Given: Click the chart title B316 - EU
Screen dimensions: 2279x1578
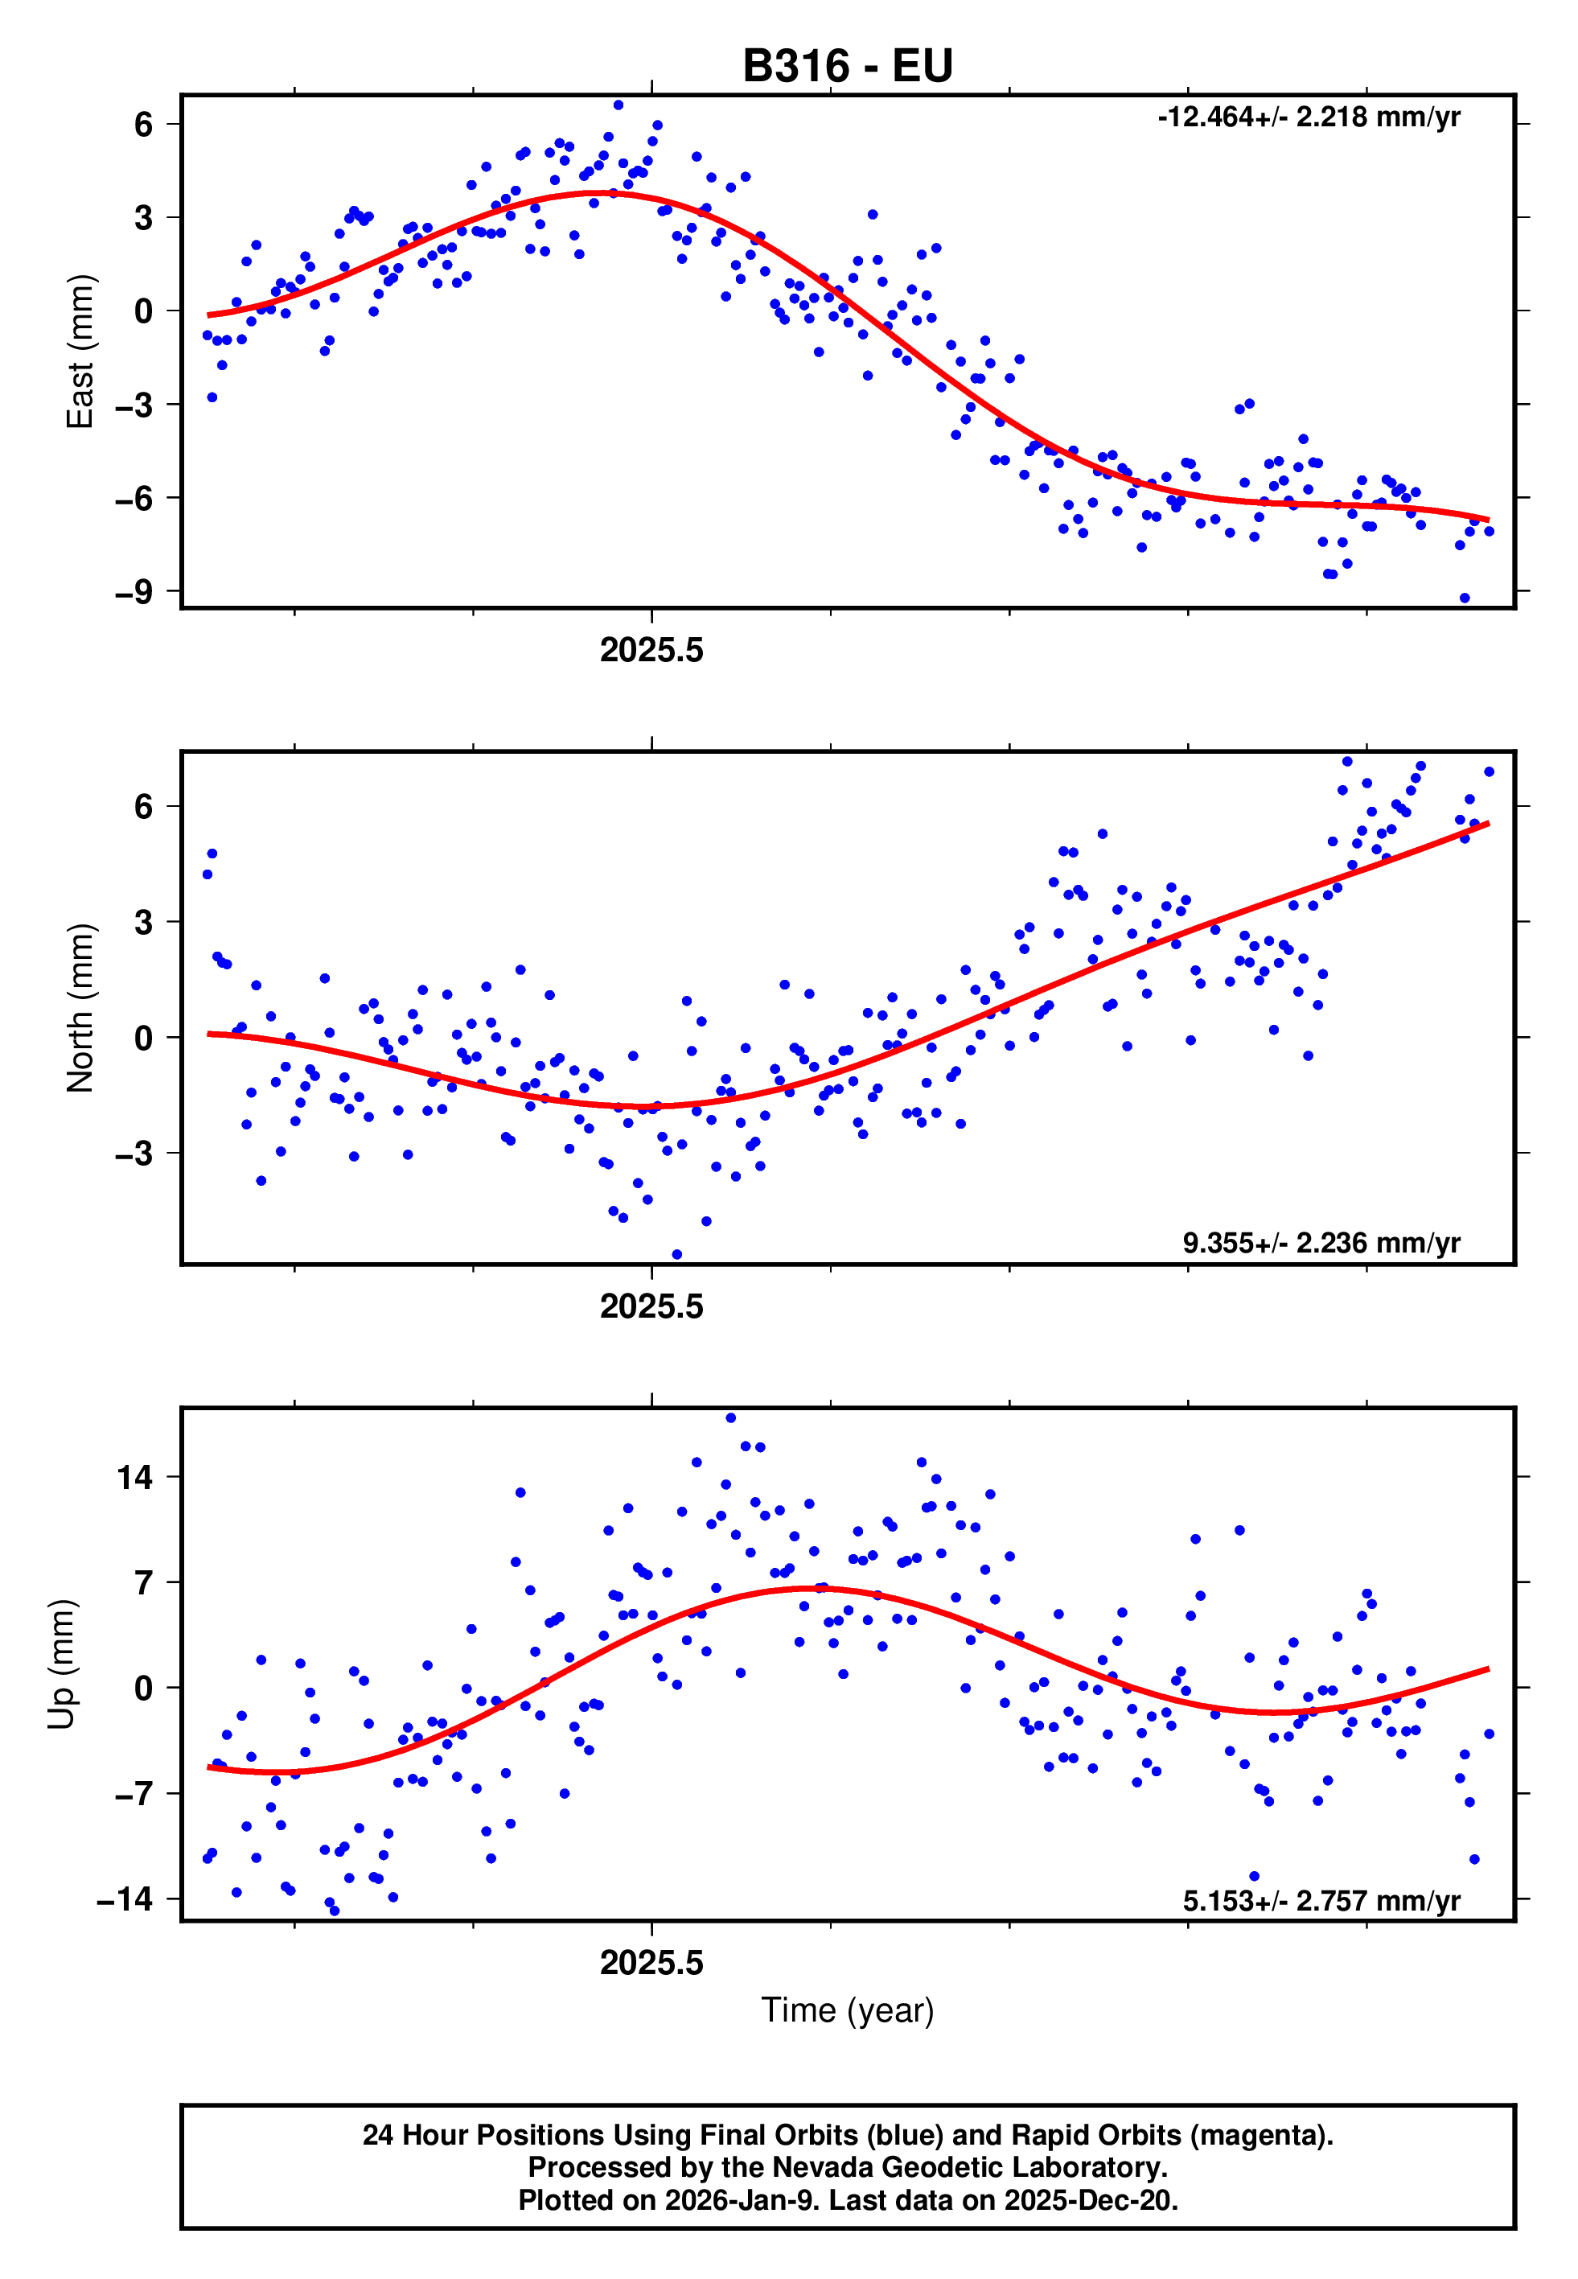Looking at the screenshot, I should [x=848, y=66].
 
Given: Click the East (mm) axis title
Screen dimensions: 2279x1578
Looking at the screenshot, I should [x=80, y=351].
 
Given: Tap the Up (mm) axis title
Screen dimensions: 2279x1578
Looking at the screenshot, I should [x=61, y=1664].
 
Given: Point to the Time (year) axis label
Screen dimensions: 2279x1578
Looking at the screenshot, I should [x=848, y=2010].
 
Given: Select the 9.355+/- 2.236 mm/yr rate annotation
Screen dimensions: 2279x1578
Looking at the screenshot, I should [x=1321, y=1243].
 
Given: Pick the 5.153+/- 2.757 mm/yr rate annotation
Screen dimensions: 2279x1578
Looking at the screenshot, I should [x=1321, y=1900].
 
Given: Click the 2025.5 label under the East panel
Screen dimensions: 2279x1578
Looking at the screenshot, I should [x=651, y=651].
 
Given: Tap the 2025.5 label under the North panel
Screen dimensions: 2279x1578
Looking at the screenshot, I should [x=651, y=1307].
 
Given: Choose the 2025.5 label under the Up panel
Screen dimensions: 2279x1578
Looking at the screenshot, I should [x=651, y=1963].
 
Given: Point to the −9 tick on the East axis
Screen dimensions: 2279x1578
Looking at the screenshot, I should [x=134, y=592].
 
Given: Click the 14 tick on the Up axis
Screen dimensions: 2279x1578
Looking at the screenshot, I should [x=135, y=1478].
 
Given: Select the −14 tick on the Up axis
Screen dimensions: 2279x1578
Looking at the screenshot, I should [x=125, y=1899].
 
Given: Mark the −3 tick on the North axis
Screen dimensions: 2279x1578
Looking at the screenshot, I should [x=134, y=1154].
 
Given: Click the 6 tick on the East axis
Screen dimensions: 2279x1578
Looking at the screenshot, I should [x=144, y=125].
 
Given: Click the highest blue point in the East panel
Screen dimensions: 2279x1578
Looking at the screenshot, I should [x=618, y=105].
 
